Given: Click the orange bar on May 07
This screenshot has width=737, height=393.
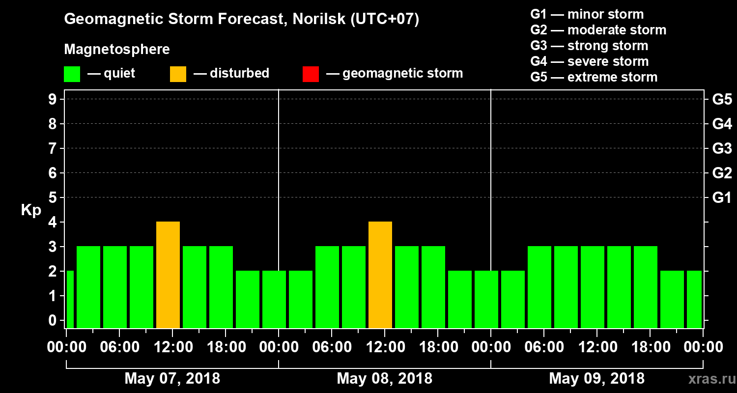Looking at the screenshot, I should [168, 275].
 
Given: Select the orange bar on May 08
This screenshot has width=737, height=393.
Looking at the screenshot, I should [380, 275].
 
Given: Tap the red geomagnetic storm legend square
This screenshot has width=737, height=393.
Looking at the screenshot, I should [311, 74].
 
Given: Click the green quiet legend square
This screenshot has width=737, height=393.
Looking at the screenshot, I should [72, 74].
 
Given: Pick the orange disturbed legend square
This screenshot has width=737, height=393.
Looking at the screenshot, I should [178, 74].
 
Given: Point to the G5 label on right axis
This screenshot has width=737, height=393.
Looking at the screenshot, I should [722, 100].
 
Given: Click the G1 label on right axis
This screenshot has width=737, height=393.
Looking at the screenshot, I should [722, 198].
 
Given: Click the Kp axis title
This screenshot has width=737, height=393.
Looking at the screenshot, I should [31, 210].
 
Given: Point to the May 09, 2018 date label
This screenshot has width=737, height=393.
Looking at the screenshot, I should [596, 379].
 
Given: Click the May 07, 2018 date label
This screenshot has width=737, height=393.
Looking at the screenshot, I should [172, 379].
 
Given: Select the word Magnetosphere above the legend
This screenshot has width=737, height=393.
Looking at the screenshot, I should [117, 50].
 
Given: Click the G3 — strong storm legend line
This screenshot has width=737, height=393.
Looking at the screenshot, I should [589, 46].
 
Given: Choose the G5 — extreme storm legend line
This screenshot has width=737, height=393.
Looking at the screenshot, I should [594, 77].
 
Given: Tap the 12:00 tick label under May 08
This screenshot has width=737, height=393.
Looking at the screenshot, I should [385, 347].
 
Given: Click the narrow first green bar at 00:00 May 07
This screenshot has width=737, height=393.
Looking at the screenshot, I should [70, 299].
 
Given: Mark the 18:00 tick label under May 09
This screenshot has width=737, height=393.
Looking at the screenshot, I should [650, 347].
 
